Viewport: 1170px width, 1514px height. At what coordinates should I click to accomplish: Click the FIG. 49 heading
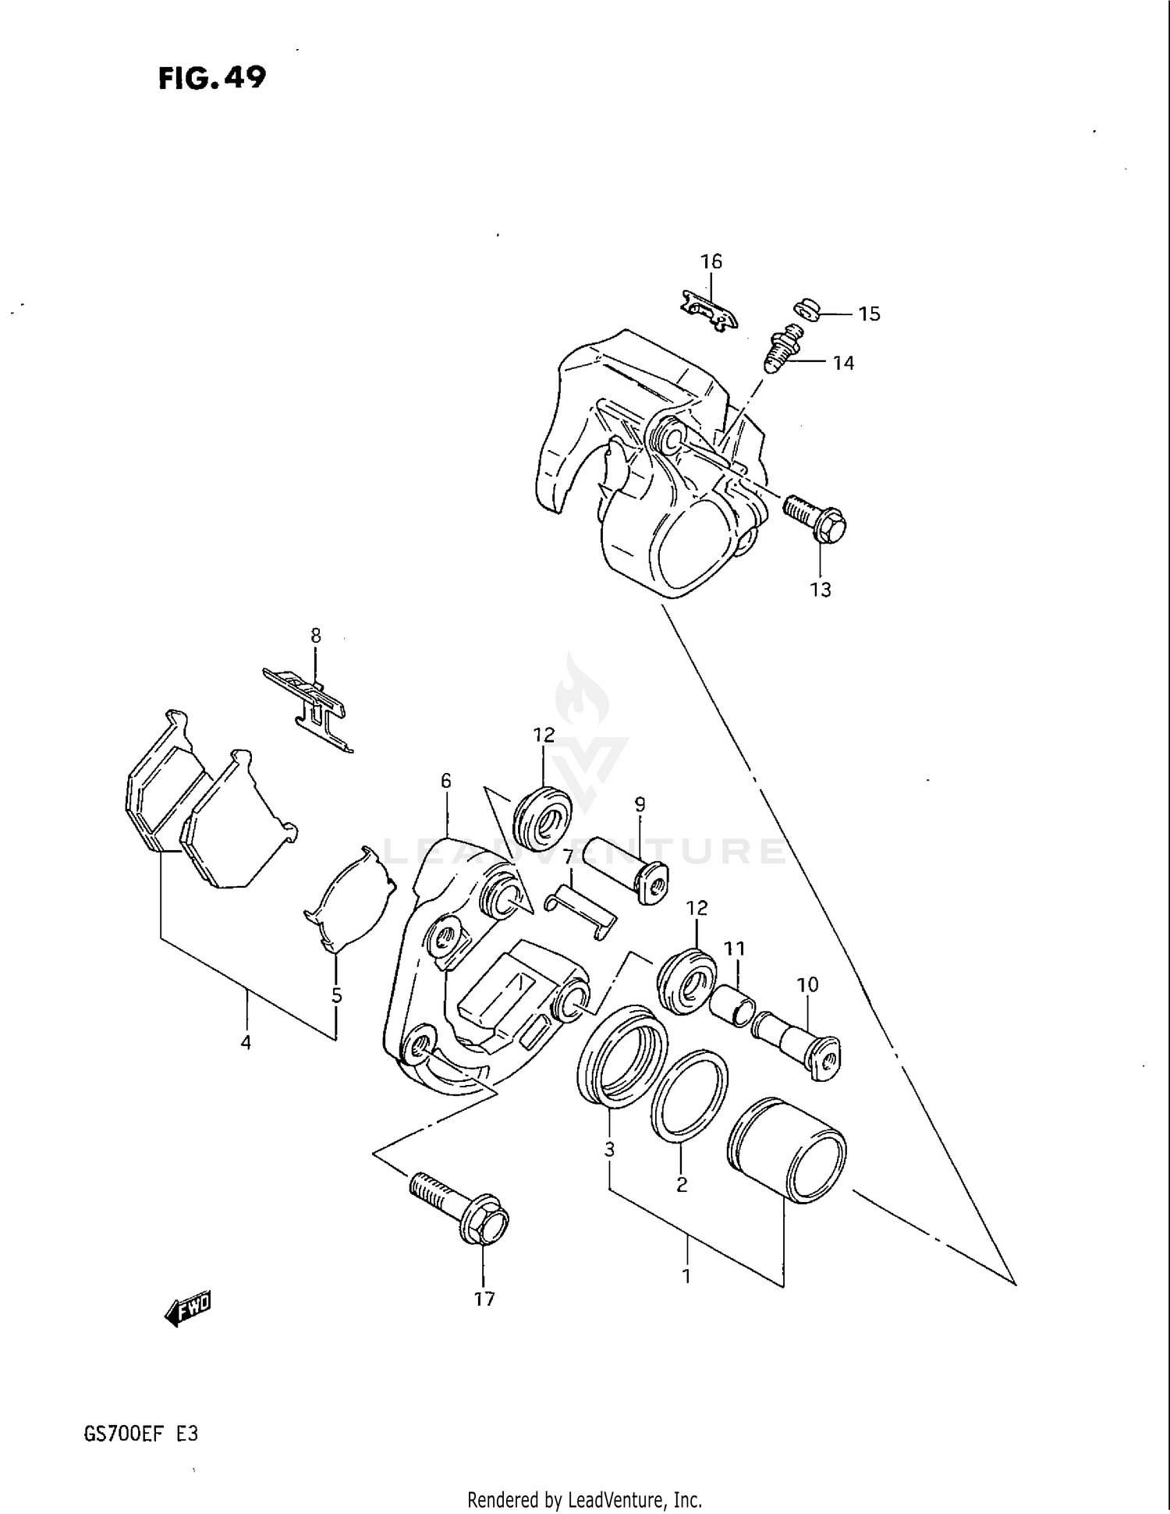click(x=211, y=78)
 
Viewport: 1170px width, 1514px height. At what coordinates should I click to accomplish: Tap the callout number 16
click(x=711, y=261)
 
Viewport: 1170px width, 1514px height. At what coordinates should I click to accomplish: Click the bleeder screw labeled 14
click(x=782, y=353)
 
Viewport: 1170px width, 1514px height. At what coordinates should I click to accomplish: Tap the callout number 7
click(x=569, y=856)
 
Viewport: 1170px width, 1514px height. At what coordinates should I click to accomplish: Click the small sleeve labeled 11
click(x=732, y=1005)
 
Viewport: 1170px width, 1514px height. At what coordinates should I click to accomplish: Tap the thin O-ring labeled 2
click(x=689, y=1095)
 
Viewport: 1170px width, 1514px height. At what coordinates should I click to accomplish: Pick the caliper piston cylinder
click(x=785, y=1150)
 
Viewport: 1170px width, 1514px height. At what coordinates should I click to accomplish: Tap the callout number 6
click(x=445, y=780)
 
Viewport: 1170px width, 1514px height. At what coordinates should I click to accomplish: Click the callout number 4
click(x=246, y=1042)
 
